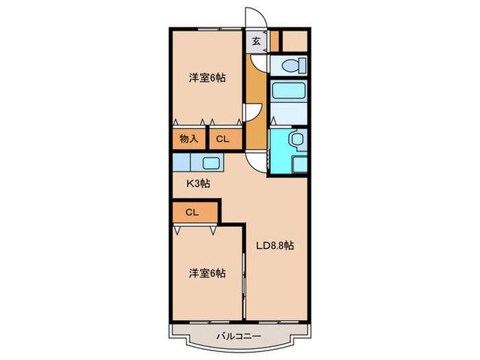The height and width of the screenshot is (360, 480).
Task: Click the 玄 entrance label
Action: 256,41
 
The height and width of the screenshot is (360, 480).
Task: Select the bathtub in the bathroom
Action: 288,92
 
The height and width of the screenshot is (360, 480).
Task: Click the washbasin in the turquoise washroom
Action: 296,140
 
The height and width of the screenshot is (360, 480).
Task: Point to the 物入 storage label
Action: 189,139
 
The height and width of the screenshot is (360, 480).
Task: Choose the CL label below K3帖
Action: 191,213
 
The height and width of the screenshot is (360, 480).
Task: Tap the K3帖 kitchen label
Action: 199,184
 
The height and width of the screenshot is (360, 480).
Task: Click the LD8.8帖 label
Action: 275,245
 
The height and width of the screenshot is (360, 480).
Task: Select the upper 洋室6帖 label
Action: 208,78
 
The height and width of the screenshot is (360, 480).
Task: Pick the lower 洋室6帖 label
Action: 208,273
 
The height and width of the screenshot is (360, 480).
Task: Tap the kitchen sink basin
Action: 211,163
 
